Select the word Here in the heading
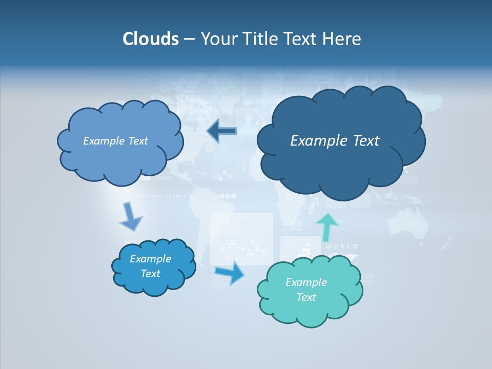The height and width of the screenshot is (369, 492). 343,39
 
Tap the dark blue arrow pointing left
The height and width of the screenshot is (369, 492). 221,131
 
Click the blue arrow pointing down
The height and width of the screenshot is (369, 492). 130,217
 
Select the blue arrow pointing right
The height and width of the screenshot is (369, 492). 230,272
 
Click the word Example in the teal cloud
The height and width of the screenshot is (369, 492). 306,282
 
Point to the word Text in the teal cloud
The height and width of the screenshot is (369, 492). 306,297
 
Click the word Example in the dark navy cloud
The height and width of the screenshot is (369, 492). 317,141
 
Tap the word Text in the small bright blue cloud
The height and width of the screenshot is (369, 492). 150,274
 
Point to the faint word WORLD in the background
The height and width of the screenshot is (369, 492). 342,247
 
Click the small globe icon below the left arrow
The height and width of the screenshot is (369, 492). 210,148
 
